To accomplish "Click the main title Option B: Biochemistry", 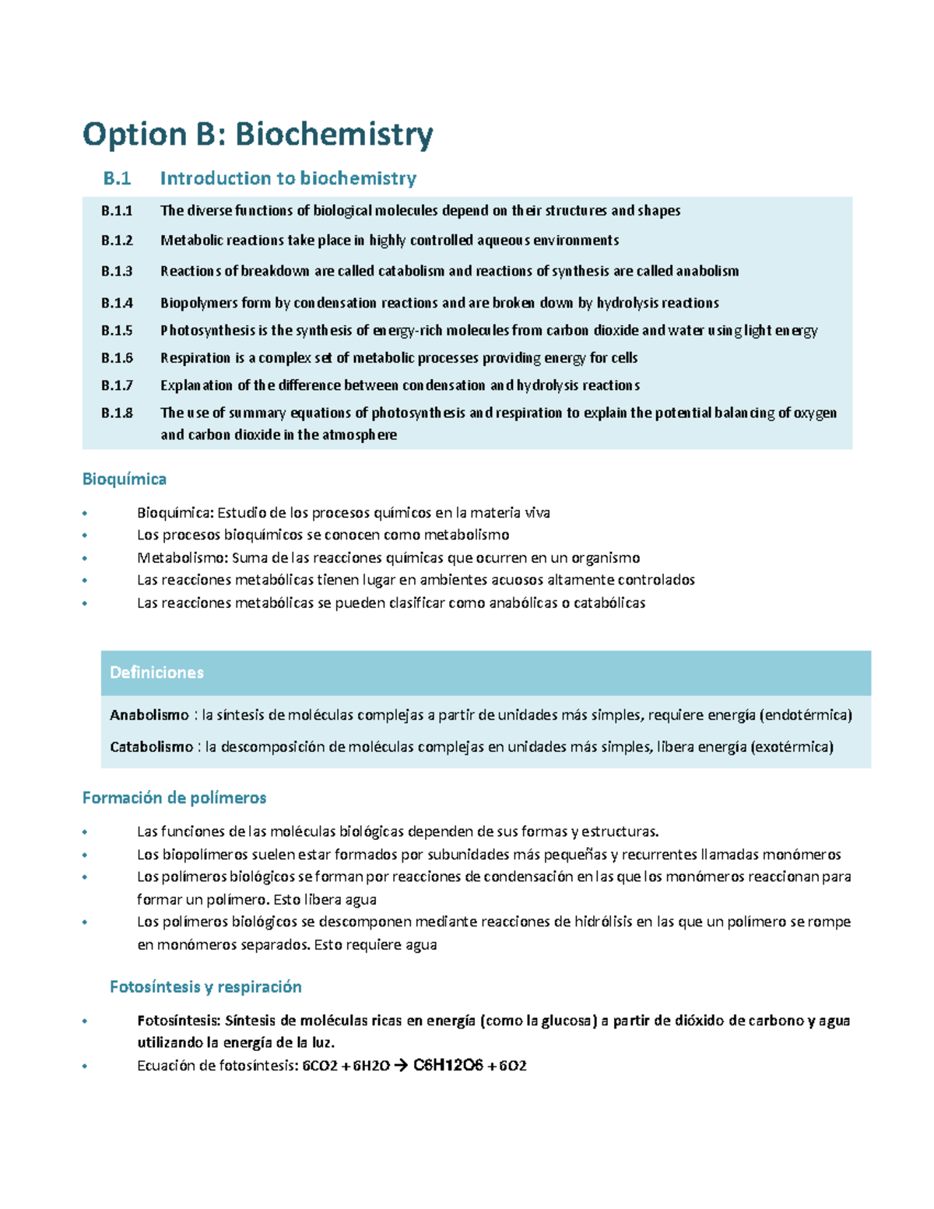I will point(258,135).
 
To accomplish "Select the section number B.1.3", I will point(117,272).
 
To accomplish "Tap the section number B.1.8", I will point(117,413).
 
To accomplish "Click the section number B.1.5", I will point(117,331).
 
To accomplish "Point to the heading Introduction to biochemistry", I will point(288,179).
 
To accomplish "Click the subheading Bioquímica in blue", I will point(125,479).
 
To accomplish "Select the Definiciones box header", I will point(156,673).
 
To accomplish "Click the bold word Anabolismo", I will point(149,715).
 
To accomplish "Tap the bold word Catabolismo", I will point(152,747).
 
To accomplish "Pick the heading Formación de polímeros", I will point(174,798).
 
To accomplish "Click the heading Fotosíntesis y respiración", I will point(205,987).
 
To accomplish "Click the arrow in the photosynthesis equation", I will point(401,1067).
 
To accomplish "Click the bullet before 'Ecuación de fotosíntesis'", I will point(85,1067).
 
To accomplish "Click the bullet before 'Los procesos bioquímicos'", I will point(85,536).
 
